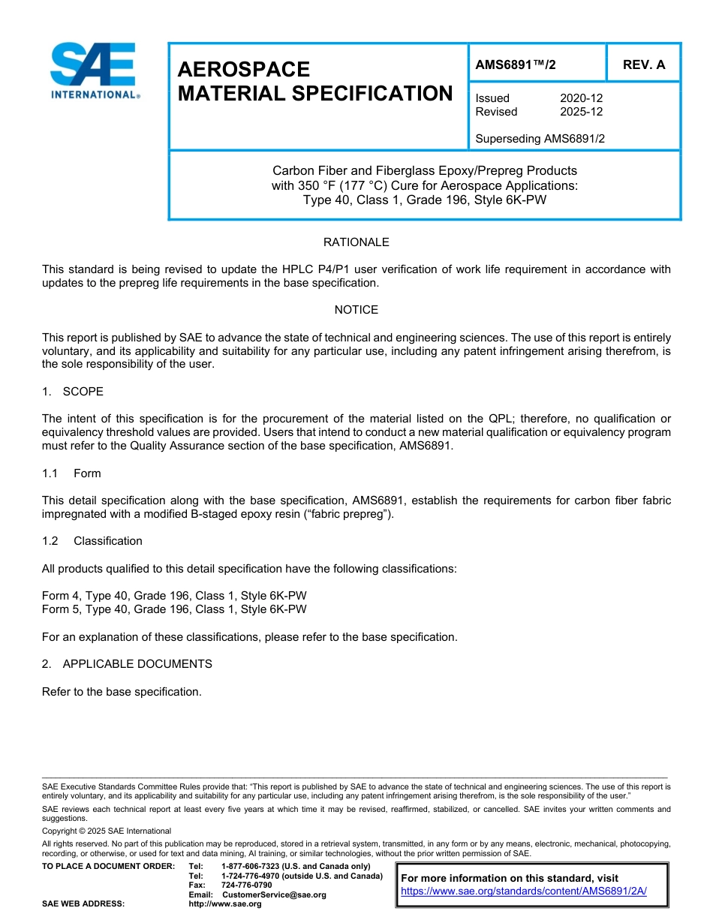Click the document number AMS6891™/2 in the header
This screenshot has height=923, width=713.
[516, 65]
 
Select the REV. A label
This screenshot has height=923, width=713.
[643, 65]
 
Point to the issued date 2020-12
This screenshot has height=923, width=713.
[581, 98]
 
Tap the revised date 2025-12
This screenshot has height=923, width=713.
[581, 112]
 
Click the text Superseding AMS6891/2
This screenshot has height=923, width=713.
[540, 139]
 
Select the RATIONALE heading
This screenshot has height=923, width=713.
[356, 242]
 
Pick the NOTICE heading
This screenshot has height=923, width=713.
[356, 310]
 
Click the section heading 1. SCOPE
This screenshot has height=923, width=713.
[73, 392]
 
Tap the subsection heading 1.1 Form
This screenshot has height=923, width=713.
[72, 474]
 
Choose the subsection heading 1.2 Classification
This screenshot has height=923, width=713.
[92, 541]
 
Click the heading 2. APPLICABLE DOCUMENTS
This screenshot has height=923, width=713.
[127, 664]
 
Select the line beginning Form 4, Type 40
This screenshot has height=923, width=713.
[174, 596]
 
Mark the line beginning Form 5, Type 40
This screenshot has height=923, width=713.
[174, 609]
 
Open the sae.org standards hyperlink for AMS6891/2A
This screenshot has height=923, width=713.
[523, 891]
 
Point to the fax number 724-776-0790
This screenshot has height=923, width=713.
[246, 885]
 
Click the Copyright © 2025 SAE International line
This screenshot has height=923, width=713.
[107, 831]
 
